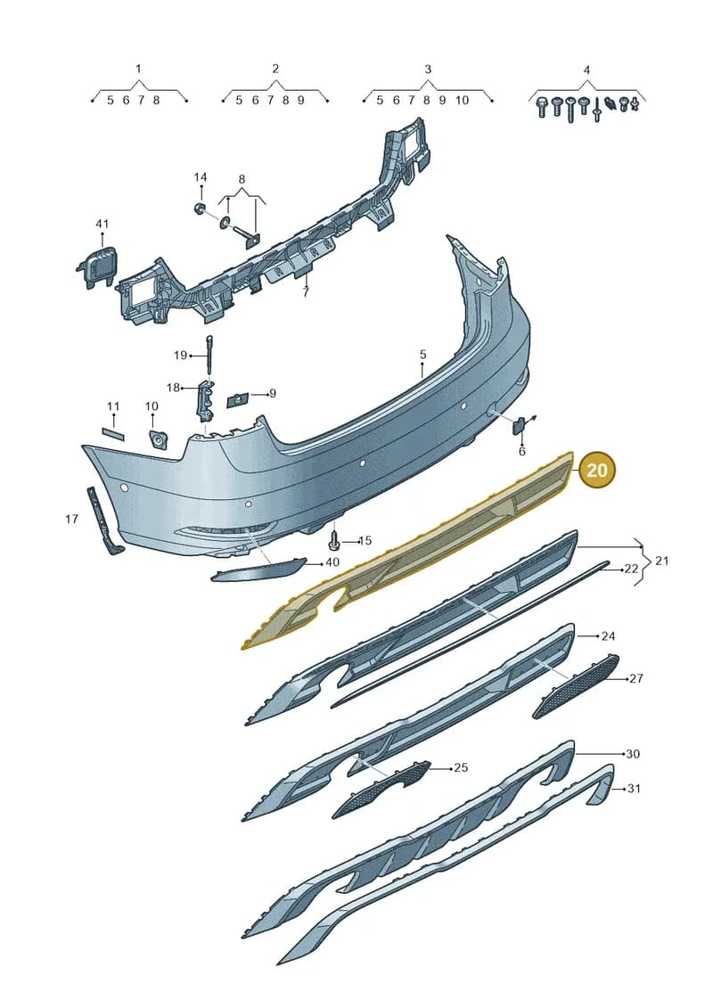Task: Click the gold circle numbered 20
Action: click(596, 470)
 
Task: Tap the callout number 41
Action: click(102, 224)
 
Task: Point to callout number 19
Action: click(180, 355)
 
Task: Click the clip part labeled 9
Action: click(236, 398)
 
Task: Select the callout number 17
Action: click(71, 519)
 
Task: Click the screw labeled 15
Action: click(334, 541)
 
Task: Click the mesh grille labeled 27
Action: click(576, 686)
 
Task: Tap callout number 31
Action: click(634, 788)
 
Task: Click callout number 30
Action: click(633, 753)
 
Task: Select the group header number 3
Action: click(428, 70)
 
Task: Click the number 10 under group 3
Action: click(463, 101)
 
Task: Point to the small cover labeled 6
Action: click(519, 425)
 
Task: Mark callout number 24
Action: click(608, 635)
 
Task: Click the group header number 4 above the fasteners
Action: click(586, 70)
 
